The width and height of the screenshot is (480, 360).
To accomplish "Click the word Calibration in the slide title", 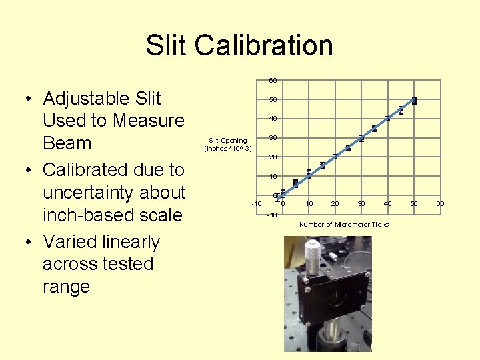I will coord(263,45).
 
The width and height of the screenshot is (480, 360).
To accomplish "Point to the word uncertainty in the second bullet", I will coord(113,193).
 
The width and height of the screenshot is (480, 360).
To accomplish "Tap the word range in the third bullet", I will coord(65,287).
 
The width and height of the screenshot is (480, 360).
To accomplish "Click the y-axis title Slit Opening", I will coord(228,140).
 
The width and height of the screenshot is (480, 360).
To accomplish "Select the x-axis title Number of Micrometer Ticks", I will coord(343,224).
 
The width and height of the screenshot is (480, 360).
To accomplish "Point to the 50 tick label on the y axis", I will coord(273,100).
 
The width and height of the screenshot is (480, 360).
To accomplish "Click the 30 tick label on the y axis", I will coord(273,138).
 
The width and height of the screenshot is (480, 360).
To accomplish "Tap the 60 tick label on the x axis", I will coord(440,203).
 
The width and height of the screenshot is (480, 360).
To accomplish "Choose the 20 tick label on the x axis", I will coord(335,203).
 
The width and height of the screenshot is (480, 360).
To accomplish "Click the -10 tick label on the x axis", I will coord(256,203).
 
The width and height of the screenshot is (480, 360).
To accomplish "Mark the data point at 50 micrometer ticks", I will coord(414,101).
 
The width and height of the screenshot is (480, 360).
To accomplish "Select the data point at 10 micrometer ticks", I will coord(309,173).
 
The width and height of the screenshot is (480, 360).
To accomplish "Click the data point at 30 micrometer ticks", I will coord(361,139).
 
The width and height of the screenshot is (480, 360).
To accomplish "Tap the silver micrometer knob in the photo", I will coord(312,253).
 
